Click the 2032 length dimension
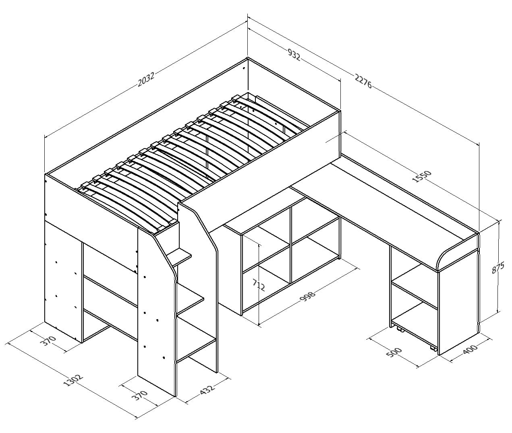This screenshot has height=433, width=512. pyautogui.click(x=146, y=79)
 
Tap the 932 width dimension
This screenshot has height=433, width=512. pyautogui.click(x=294, y=54)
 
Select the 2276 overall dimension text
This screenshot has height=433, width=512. pyautogui.click(x=363, y=80)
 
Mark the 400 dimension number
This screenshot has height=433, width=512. pyautogui.click(x=469, y=349)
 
